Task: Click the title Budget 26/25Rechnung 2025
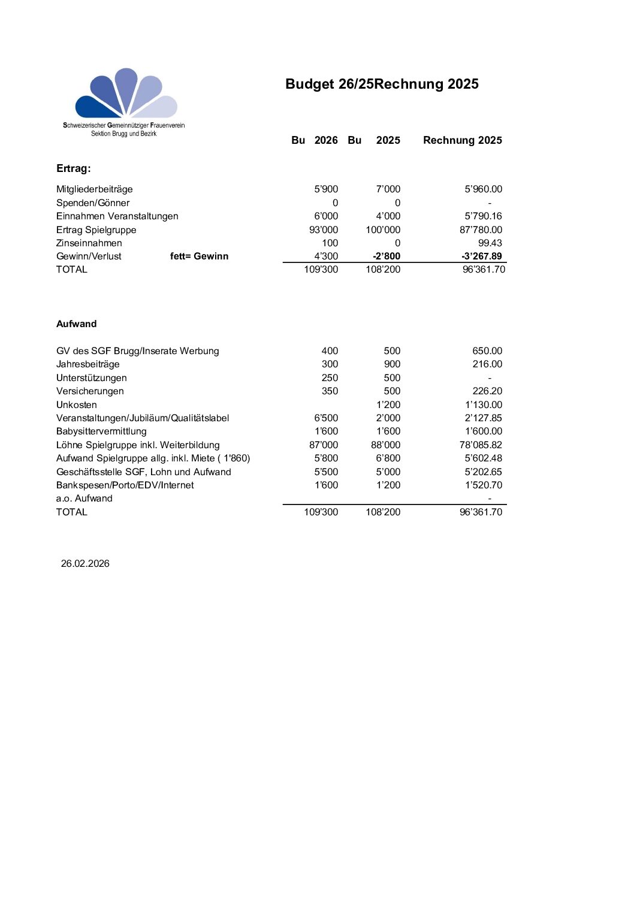click(382, 84)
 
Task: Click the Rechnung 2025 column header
click(462, 140)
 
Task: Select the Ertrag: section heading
click(74, 168)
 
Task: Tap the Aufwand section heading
click(76, 324)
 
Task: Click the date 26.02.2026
click(85, 563)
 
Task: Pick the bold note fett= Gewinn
click(199, 256)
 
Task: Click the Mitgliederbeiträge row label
click(95, 189)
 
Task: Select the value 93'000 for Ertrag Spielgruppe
click(324, 230)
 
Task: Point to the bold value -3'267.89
click(481, 256)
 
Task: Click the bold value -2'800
click(386, 256)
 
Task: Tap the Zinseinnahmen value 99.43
click(490, 243)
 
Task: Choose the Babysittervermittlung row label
click(101, 431)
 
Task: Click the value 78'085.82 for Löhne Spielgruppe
click(481, 445)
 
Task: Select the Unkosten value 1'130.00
click(483, 405)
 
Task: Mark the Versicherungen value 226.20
click(487, 391)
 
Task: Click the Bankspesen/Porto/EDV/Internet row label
click(125, 485)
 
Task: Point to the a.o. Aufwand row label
click(84, 499)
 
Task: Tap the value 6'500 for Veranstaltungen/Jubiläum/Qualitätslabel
click(326, 418)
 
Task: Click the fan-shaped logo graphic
click(126, 93)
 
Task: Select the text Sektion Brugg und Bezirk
click(123, 134)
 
